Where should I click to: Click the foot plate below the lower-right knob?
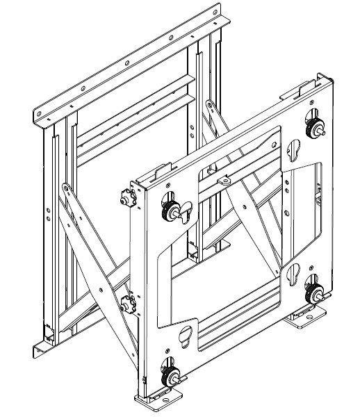309,319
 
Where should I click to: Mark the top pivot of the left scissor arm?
64,187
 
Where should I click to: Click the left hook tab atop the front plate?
159,170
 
